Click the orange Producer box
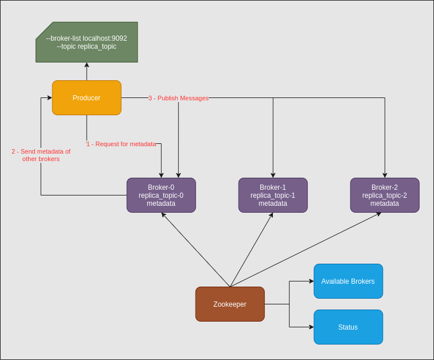(x=87, y=98)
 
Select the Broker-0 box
(x=161, y=195)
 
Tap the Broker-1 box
(x=273, y=195)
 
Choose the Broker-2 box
(x=385, y=195)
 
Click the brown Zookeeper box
(x=230, y=304)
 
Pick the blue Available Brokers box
(x=348, y=281)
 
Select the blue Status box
(x=348, y=327)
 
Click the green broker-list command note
(x=87, y=42)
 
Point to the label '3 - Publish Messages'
(x=178, y=98)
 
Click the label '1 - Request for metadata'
(x=121, y=144)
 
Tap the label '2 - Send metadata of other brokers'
(x=41, y=155)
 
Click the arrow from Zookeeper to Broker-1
(x=251, y=250)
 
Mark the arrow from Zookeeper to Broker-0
(x=196, y=250)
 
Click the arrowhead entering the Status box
(x=311, y=327)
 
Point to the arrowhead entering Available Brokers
(x=311, y=281)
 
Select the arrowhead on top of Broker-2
(x=385, y=175)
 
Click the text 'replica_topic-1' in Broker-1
(x=273, y=195)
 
